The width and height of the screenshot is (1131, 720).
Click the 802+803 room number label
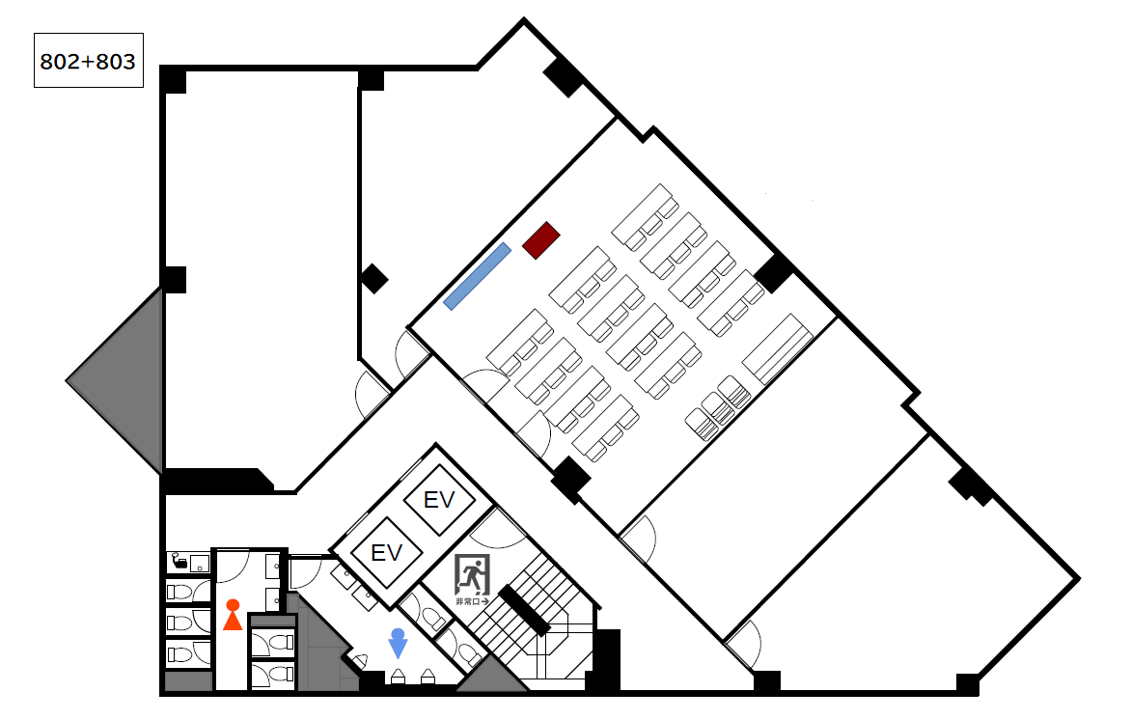pyautogui.click(x=88, y=62)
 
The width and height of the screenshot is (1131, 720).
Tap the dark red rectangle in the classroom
pyautogui.click(x=541, y=240)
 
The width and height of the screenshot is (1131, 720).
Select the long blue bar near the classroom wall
pyautogui.click(x=477, y=276)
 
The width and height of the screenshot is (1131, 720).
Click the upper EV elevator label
pyautogui.click(x=438, y=499)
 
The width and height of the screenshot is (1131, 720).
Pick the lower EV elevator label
pyautogui.click(x=386, y=553)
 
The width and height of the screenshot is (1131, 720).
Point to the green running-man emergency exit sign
pyautogui.click(x=473, y=576)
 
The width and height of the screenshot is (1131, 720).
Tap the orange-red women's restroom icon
pyautogui.click(x=233, y=615)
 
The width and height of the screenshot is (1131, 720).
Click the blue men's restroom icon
pyautogui.click(x=398, y=644)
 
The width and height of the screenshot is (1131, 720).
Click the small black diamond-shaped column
pyautogui.click(x=373, y=279)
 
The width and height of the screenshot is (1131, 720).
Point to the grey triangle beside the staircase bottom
pyautogui.click(x=492, y=676)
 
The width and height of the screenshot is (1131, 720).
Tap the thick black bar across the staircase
pyautogui.click(x=524, y=610)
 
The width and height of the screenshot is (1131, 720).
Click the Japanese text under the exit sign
pyautogui.click(x=473, y=601)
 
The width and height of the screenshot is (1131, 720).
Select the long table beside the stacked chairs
pyautogui.click(x=778, y=349)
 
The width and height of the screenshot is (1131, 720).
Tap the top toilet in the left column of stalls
pyautogui.click(x=179, y=593)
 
